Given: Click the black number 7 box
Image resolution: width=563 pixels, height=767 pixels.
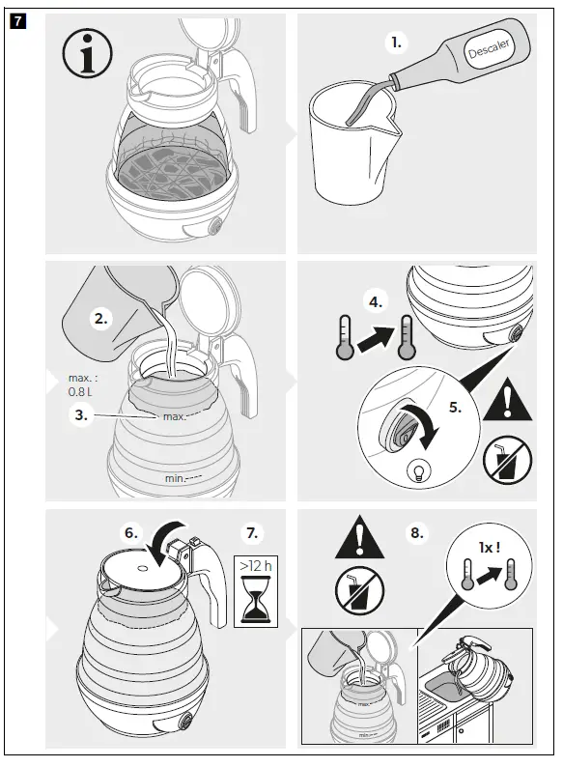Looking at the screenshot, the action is point(17,21).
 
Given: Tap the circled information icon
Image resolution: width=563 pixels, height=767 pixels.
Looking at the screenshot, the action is point(88,53).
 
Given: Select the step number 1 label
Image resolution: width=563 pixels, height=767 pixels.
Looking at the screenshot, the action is point(396,43).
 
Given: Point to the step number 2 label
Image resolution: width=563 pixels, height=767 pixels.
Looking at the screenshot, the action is point(100,319).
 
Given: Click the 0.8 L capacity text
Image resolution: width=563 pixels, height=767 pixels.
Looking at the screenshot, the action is point(80,392).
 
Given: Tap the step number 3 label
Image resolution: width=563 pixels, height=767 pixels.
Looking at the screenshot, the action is point(81,415).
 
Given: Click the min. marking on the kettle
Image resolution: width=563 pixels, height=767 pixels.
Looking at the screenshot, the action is point(175,478).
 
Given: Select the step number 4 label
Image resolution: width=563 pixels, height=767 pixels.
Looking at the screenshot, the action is point(375,302).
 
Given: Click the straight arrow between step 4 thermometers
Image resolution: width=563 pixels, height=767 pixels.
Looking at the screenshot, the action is point(376,338).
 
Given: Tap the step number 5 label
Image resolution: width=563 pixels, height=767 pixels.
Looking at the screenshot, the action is point(456,407).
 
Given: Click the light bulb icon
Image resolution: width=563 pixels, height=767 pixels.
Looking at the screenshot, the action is point(419,470).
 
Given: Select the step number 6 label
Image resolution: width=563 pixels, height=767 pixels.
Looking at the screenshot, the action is point(131,532).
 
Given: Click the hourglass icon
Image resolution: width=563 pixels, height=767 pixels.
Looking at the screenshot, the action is point(256,599).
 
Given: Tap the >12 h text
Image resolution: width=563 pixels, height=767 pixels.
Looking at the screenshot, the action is point(255,566).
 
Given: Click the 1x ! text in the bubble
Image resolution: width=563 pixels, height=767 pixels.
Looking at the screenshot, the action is point(490,548).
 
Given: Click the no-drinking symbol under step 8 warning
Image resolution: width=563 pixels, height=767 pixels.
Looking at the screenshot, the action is point(359,590).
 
